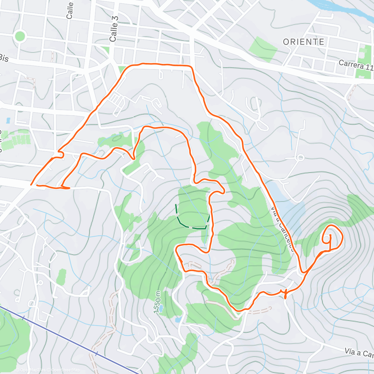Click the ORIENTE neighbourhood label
tap(304, 42)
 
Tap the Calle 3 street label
tap(114, 28)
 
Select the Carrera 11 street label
tap(355, 66)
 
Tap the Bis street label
tap(4, 58)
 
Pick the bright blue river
tap(343, 8)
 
